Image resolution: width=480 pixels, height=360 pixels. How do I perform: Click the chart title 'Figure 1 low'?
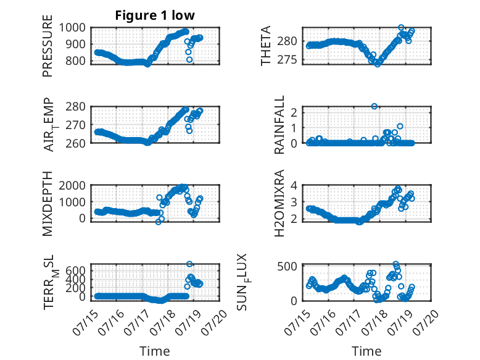(x=155, y=15)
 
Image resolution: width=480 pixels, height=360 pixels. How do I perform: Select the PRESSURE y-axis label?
(x=48, y=46)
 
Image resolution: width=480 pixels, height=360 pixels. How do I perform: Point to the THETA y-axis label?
(x=266, y=46)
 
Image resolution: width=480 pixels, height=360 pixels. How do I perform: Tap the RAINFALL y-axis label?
(x=279, y=125)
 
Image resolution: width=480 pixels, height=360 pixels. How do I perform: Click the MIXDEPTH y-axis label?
(x=48, y=203)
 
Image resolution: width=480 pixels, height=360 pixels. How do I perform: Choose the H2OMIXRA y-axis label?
(x=279, y=203)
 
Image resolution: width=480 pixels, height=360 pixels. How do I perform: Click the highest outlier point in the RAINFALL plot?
(x=374, y=106)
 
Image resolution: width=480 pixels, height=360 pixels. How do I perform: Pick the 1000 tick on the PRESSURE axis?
(x=72, y=28)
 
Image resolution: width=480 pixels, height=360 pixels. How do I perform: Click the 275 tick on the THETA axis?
(x=288, y=60)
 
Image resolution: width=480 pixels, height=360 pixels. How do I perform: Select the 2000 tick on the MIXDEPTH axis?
(x=72, y=185)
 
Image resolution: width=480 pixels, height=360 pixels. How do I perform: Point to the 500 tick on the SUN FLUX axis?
(x=288, y=266)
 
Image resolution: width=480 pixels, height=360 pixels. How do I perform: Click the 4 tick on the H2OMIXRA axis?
(x=294, y=185)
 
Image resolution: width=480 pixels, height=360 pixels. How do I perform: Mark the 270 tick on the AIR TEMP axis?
(x=76, y=125)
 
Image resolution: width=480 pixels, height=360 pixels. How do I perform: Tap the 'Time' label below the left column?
(x=155, y=351)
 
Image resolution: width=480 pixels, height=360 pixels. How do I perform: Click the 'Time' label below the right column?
(x=366, y=351)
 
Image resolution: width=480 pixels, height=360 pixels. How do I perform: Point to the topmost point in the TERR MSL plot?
(x=189, y=264)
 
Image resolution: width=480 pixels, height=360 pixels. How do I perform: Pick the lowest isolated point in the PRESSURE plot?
(x=189, y=59)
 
